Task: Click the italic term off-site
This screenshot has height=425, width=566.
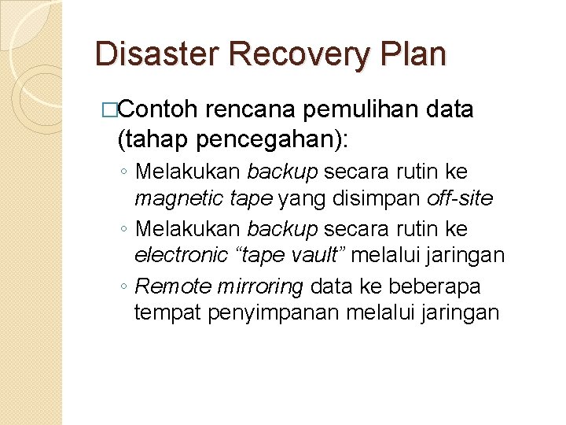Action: pos(460,198)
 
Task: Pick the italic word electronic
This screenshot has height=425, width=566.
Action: pos(178,255)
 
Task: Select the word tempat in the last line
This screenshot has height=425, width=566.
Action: pos(168,313)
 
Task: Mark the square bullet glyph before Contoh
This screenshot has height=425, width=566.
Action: pos(119,110)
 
